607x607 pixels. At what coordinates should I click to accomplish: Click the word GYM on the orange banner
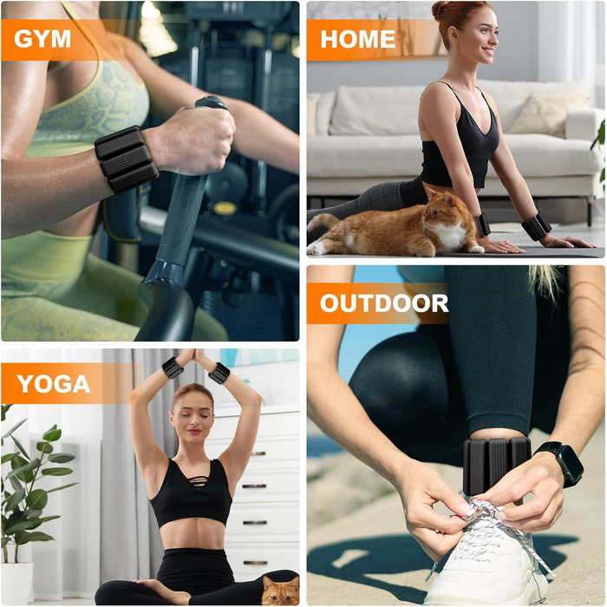42,39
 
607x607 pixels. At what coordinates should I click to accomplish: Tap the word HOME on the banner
357,39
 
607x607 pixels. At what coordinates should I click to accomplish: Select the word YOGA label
54,383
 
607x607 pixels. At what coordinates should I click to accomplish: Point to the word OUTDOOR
384,303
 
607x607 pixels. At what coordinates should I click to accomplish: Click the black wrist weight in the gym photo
127,159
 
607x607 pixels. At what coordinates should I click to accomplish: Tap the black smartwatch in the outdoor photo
561,462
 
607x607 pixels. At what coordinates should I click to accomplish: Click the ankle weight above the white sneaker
497,466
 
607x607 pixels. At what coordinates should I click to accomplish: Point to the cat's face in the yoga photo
282,591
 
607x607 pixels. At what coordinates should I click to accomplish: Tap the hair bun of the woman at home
441,10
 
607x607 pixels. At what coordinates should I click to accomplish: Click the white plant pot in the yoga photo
16,584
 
